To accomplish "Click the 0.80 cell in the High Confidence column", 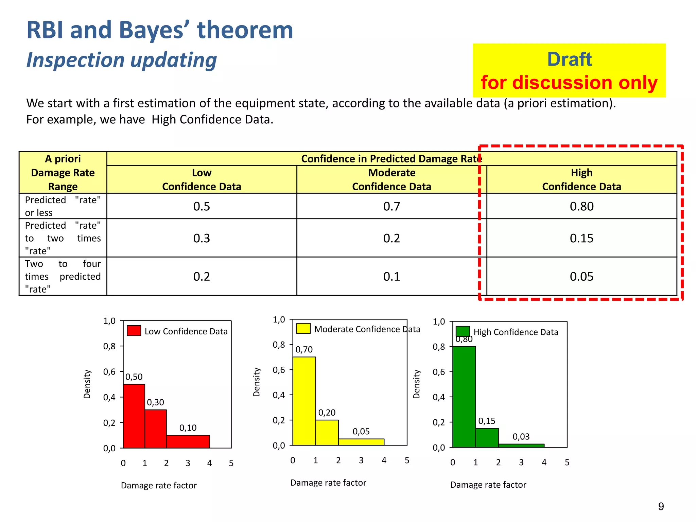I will pyautogui.click(x=581, y=206).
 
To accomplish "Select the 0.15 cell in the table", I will pyautogui.click(x=581, y=238).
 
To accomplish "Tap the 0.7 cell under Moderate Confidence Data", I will pyautogui.click(x=391, y=206).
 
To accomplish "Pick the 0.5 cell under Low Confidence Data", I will pyautogui.click(x=202, y=206).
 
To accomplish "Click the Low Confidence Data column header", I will pyautogui.click(x=202, y=179).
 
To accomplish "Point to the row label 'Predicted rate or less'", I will pyautogui.click(x=63, y=206).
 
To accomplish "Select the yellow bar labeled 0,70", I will pyautogui.click(x=304, y=401).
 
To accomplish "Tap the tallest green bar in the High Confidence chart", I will pyautogui.click(x=464, y=397).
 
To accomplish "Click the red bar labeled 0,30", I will pyautogui.click(x=156, y=429).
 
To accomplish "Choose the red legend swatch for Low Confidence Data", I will pyautogui.click(x=134, y=331).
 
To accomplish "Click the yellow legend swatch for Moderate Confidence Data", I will pyautogui.click(x=303, y=328).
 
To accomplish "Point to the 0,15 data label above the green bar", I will pyautogui.click(x=487, y=421).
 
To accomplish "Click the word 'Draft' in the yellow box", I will pyautogui.click(x=569, y=59).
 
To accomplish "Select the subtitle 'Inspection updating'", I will pyautogui.click(x=122, y=60).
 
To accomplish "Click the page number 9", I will pyautogui.click(x=661, y=506).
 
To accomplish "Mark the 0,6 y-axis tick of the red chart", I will pyautogui.click(x=109, y=372).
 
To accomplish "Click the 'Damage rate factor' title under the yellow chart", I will pyautogui.click(x=328, y=483).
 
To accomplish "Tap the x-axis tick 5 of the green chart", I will pyautogui.click(x=567, y=462).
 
